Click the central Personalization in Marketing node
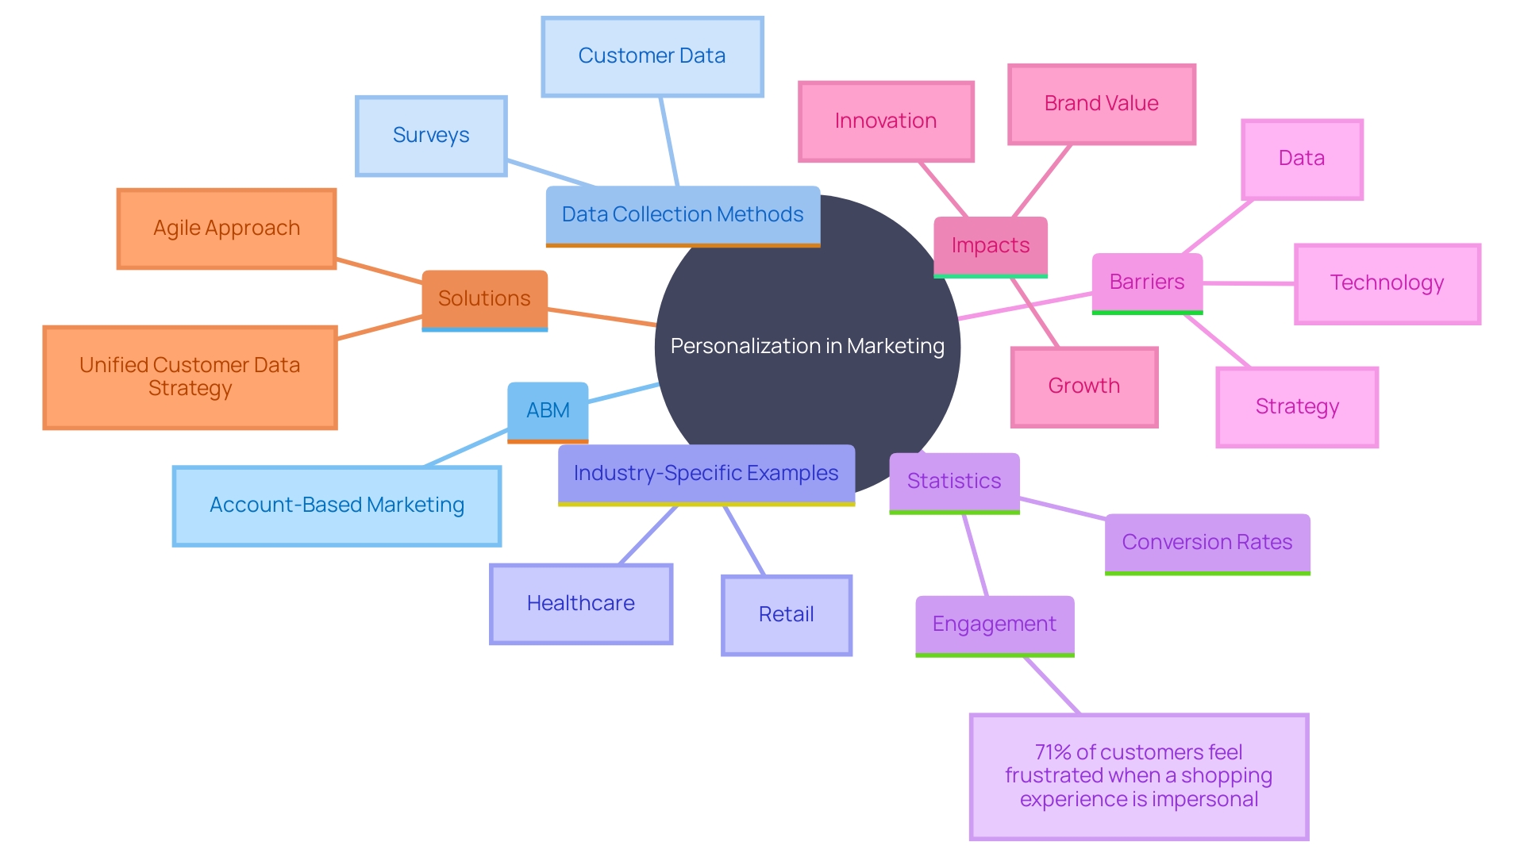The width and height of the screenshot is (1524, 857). pyautogui.click(x=807, y=347)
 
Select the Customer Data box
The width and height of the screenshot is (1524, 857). pyautogui.click(x=652, y=56)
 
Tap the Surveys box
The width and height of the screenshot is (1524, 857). pyautogui.click(x=431, y=136)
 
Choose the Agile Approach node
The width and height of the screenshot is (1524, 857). pyautogui.click(x=226, y=229)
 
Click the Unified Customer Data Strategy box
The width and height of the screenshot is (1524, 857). pyautogui.click(x=190, y=377)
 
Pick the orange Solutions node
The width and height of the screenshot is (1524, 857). pyautogui.click(x=484, y=298)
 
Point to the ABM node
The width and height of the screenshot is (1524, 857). pyautogui.click(x=548, y=410)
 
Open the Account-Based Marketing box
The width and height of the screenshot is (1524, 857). pyautogui.click(x=337, y=505)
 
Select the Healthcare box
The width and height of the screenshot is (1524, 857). pyautogui.click(x=581, y=604)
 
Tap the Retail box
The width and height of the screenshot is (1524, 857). pyautogui.click(x=786, y=615)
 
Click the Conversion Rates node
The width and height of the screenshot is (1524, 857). pyautogui.click(x=1206, y=543)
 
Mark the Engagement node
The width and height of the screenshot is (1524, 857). pyautogui.click(x=994, y=624)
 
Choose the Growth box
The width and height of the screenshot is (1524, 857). pyautogui.click(x=1083, y=386)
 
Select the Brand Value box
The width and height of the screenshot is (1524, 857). pyautogui.click(x=1101, y=104)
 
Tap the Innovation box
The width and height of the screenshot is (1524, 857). pyautogui.click(x=885, y=121)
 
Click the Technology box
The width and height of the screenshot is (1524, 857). pyautogui.click(x=1387, y=283)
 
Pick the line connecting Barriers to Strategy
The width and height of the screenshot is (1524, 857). pyautogui.click(x=1218, y=341)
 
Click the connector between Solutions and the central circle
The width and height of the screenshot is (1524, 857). pyautogui.click(x=602, y=317)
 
